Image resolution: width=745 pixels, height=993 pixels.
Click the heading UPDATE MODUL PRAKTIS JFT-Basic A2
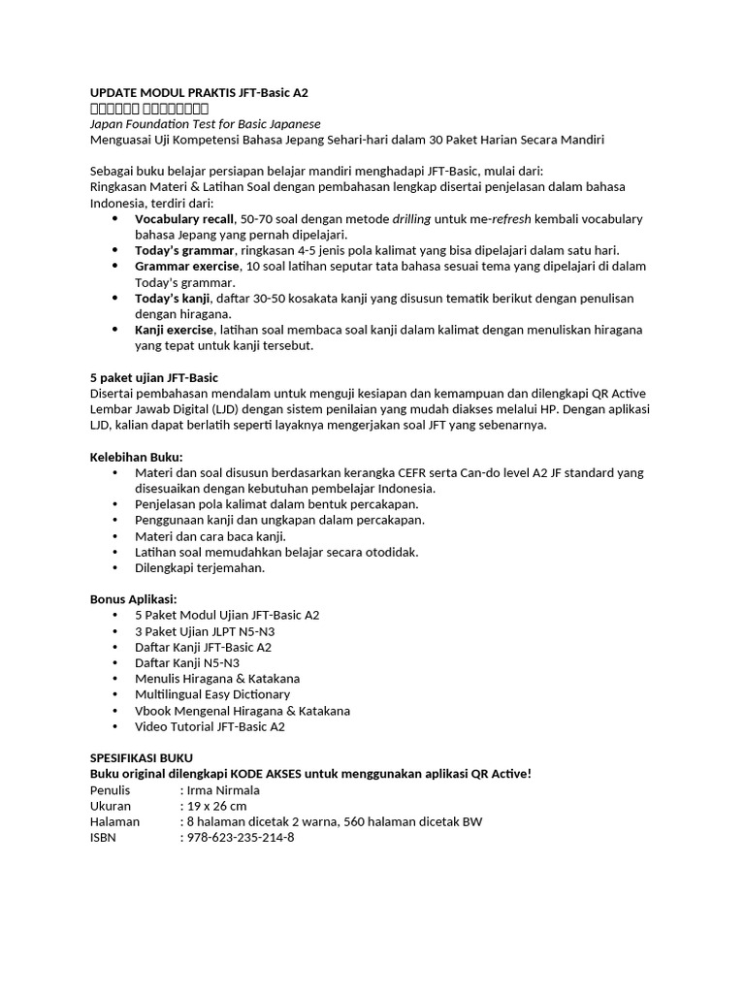(199, 92)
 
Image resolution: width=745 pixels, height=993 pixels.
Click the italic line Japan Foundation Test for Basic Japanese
(205, 124)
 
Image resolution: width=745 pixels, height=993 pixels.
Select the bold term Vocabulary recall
(184, 219)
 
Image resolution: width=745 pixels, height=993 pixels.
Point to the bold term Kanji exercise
(174, 330)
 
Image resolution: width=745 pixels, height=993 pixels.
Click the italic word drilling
(410, 219)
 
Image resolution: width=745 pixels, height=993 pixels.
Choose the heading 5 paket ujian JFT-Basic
(153, 377)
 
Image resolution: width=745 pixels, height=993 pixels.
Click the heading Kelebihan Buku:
(136, 457)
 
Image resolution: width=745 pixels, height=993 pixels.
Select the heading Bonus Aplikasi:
(133, 599)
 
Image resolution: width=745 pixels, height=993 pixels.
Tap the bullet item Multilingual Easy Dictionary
(212, 694)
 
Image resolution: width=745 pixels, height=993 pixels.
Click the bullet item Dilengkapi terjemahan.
(200, 568)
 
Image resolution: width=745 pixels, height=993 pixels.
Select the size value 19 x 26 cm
(216, 806)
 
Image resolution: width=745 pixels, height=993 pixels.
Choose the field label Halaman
(114, 821)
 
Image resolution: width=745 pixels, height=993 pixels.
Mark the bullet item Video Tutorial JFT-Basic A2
(210, 726)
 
